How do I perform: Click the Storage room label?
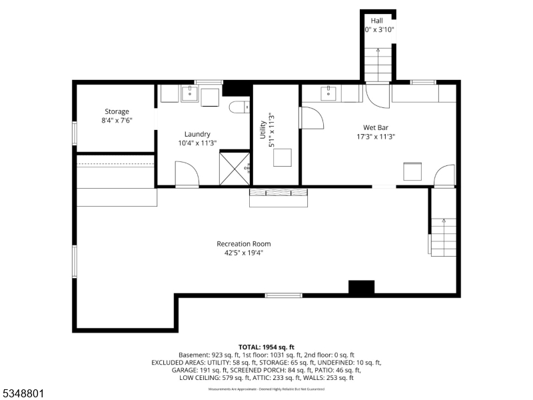pyautogui.click(x=117, y=111)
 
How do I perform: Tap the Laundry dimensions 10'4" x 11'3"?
pyautogui.click(x=197, y=143)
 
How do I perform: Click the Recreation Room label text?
pyautogui.click(x=243, y=243)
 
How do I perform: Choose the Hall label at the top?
pyautogui.click(x=376, y=21)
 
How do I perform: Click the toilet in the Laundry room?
pyautogui.click(x=238, y=107)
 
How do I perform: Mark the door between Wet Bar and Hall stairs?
pyautogui.click(x=378, y=95)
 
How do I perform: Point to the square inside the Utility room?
pyautogui.click(x=284, y=157)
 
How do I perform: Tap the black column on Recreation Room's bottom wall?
pyautogui.click(x=362, y=287)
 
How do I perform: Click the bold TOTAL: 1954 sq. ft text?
pyautogui.click(x=266, y=347)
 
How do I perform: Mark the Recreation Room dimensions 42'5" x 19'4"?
pyautogui.click(x=243, y=253)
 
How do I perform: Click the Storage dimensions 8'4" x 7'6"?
pyautogui.click(x=117, y=121)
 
